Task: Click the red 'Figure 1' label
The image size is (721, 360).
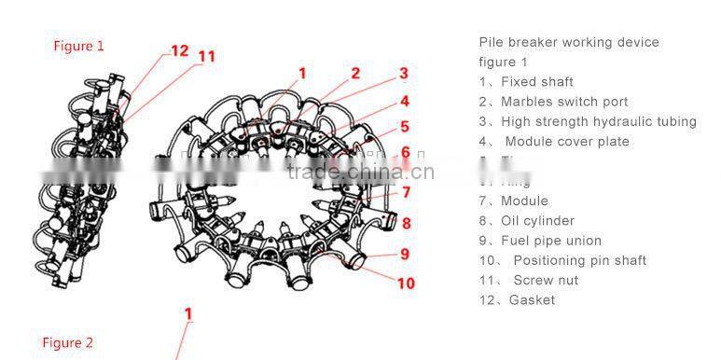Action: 78,46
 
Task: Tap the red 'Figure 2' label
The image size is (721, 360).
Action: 67,343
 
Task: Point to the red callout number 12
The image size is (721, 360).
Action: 179,50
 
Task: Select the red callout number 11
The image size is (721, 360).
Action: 206,56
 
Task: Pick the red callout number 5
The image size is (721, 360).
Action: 404,127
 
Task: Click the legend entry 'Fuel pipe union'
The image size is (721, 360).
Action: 540,241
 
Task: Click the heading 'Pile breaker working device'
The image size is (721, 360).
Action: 569,42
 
